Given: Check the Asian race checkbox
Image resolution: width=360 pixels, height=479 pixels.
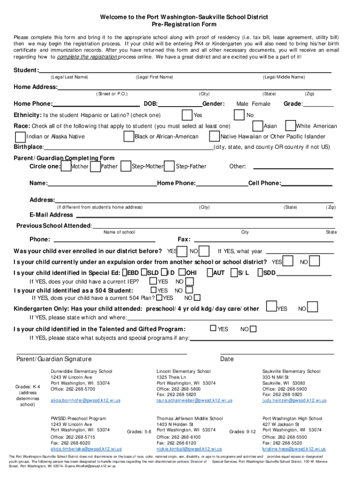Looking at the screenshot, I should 257,126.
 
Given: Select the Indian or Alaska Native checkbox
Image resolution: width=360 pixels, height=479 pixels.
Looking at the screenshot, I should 20,137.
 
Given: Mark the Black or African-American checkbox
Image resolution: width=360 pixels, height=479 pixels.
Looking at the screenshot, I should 129,137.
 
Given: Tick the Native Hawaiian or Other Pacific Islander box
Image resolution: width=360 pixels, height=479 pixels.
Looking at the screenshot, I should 214,137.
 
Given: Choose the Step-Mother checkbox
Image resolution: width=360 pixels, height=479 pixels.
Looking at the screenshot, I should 126,167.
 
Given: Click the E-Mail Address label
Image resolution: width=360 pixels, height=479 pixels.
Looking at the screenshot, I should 51,215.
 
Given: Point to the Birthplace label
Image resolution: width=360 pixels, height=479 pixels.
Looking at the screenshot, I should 28,147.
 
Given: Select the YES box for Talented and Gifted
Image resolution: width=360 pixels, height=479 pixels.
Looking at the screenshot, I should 213,329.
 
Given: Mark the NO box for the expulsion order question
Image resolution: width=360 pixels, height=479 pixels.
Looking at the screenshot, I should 314,261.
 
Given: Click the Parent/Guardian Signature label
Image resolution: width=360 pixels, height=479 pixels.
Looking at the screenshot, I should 54,359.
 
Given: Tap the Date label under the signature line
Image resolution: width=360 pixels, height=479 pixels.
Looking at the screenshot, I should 227,359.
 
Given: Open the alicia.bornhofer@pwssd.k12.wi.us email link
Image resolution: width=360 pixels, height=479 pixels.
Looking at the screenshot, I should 86,401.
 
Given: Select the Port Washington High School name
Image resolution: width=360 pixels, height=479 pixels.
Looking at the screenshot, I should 292,419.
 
